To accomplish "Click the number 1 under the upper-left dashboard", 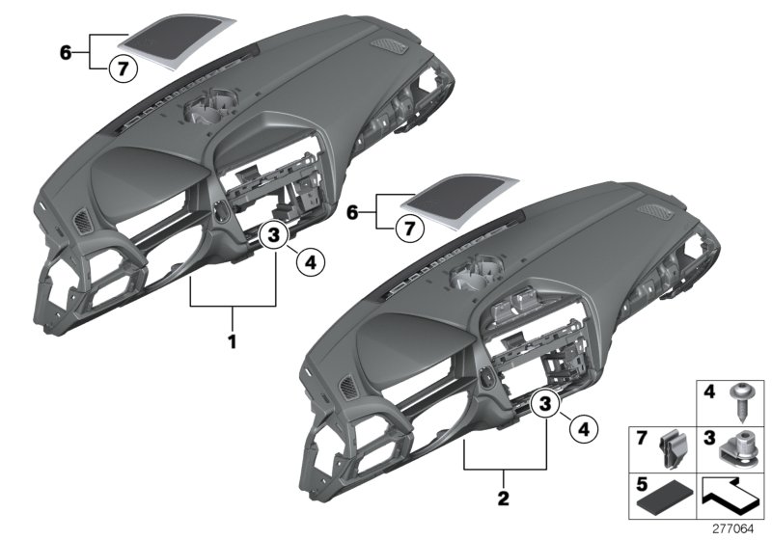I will [232, 341].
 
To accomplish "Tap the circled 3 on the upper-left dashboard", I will [273, 234].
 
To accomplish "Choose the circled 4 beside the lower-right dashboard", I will [581, 428].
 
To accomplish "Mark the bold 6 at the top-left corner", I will [66, 52].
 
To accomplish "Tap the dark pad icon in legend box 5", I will [667, 498].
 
